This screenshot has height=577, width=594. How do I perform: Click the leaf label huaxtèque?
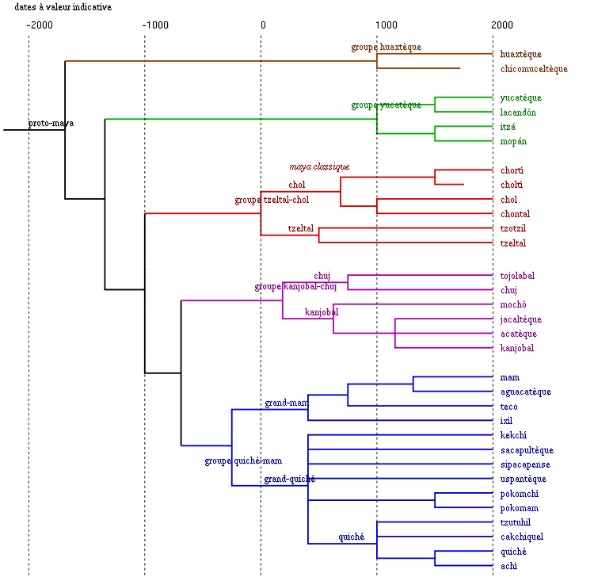click(520, 54)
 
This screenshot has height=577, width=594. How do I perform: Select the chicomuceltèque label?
click(534, 69)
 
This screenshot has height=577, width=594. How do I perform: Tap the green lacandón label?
click(518, 113)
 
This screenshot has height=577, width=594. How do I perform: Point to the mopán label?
click(513, 141)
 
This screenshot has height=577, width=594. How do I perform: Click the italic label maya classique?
click(318, 166)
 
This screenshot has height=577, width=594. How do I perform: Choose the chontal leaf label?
click(515, 214)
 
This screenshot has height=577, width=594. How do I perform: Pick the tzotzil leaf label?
click(513, 228)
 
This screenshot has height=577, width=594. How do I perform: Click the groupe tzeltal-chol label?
click(272, 200)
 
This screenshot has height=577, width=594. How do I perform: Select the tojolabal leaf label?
click(517, 276)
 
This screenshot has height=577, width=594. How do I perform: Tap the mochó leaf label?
click(513, 304)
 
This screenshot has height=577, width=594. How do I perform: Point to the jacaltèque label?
click(521, 319)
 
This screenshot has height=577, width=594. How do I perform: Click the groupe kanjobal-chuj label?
click(295, 286)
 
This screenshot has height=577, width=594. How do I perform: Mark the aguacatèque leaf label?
click(526, 392)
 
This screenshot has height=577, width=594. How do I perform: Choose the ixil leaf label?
click(507, 421)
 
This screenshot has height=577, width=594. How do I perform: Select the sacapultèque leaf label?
click(527, 450)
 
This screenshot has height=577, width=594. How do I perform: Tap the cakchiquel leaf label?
click(522, 537)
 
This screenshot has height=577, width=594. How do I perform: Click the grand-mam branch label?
click(286, 403)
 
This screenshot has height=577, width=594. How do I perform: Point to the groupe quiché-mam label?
click(243, 460)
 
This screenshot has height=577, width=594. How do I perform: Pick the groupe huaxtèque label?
click(386, 47)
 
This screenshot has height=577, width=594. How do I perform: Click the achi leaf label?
click(508, 566)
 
